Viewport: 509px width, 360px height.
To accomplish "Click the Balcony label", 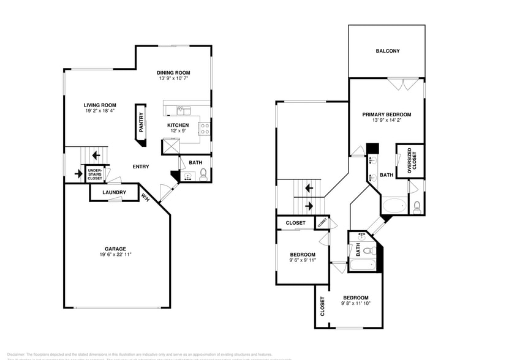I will [387, 51].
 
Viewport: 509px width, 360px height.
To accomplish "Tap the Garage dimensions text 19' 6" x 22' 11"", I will [115, 254].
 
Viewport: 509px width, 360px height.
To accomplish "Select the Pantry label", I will [141, 122].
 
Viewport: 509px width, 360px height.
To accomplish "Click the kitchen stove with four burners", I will [205, 129].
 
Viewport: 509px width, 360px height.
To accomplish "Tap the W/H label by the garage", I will [146, 197].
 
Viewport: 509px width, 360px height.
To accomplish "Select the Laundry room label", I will [114, 193].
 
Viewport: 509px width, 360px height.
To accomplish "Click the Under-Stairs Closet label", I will [95, 174].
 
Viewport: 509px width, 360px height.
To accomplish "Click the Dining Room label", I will [173, 73].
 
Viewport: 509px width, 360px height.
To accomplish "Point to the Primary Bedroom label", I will [386, 114].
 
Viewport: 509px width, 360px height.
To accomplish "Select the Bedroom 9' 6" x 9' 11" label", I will [303, 255].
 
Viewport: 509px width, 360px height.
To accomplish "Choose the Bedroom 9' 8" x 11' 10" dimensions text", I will [355, 303].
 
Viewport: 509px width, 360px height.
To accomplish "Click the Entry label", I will [141, 167].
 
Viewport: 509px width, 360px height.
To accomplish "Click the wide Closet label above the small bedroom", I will [295, 223].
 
